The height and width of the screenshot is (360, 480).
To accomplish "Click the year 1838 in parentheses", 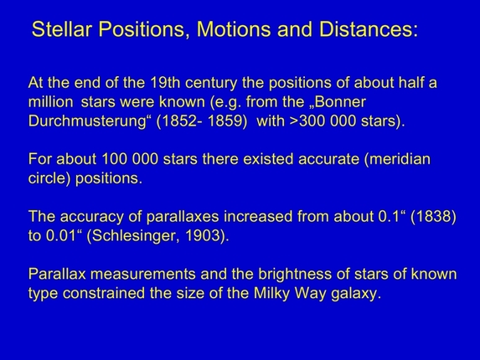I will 435,218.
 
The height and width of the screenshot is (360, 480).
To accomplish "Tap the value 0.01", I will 61,236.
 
